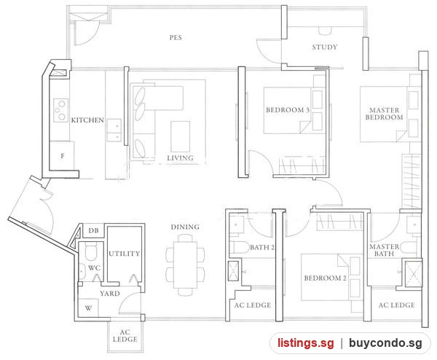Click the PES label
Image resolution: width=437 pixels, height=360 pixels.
click(176, 38)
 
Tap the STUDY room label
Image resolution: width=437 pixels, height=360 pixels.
click(325, 47)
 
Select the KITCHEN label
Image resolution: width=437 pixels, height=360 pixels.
click(87, 120)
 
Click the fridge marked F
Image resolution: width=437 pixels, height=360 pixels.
click(62, 156)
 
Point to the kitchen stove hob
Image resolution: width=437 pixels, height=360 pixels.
click(61, 110)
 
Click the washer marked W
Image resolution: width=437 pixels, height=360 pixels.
click(88, 308)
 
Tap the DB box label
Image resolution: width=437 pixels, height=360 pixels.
click(94, 230)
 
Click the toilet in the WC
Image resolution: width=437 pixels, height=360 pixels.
click(91, 251)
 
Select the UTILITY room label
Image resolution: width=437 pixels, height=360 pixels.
click(124, 254)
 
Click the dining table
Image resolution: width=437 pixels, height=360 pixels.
click(185, 265)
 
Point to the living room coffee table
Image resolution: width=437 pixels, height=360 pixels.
click(181, 136)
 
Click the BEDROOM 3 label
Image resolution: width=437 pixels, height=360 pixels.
click(288, 110)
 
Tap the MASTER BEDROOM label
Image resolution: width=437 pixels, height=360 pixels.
click(385, 114)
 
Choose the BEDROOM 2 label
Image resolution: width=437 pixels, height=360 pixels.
click(326, 278)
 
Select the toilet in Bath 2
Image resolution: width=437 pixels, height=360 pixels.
click(240, 247)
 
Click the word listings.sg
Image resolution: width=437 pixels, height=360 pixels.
click(305, 343)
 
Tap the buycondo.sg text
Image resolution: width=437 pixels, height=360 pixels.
click(386, 343)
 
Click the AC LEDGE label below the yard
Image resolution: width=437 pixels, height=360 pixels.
click(125, 336)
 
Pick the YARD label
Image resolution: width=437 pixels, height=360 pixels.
click(110, 294)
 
